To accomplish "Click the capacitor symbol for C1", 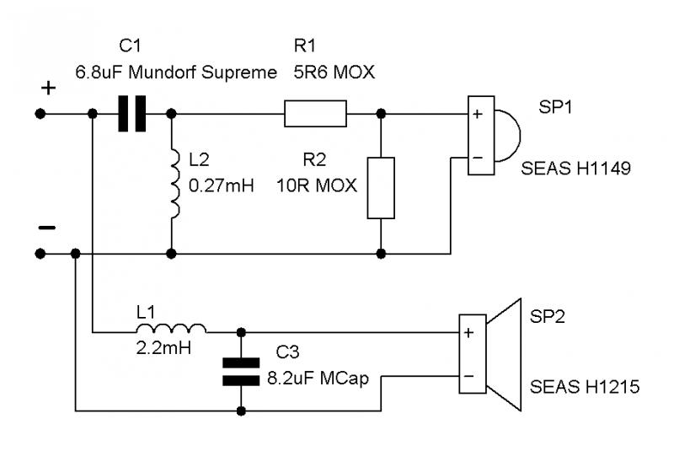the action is [132, 114].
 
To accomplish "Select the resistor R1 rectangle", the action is [315, 114].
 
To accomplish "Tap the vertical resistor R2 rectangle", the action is [381, 188].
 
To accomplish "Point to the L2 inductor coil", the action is [175, 184].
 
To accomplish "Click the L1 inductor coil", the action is [171, 329].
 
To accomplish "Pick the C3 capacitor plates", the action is [241, 372].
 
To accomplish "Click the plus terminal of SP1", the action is [478, 114].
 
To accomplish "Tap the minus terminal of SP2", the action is [469, 377].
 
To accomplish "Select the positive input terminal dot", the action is [40, 114].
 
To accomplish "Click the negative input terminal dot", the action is [40, 254].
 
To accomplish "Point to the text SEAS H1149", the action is [575, 168].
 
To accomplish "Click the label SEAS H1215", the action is [585, 387].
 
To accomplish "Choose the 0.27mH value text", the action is [222, 185].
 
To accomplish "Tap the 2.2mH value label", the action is [163, 348].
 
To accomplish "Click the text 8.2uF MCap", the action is [318, 379].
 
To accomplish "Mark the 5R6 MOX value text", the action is [334, 72].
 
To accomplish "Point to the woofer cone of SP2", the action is [504, 355].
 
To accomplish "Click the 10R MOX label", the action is [317, 185].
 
